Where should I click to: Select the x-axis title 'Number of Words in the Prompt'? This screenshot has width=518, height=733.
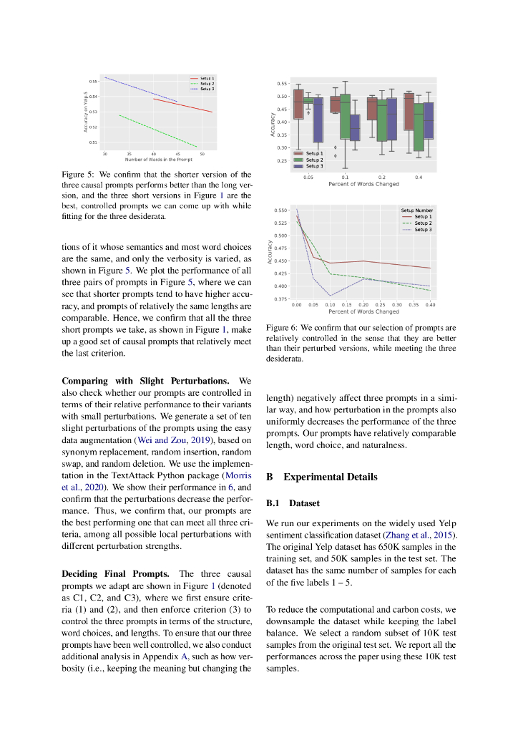point(154,159)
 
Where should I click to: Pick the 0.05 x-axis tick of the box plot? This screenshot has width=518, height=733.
point(308,176)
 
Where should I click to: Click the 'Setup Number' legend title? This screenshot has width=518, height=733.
point(416,210)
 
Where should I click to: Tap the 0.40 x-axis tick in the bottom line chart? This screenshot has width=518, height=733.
point(429,304)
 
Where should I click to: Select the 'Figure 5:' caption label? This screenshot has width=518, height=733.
point(77,175)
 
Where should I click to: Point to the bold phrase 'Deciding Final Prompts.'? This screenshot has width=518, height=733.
point(116,574)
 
